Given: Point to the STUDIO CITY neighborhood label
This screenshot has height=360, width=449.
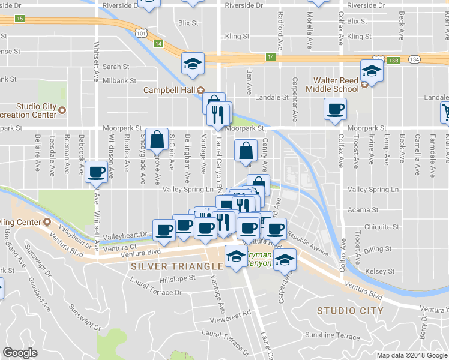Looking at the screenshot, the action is [350, 310].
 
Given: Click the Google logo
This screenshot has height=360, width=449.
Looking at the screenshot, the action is [20, 353].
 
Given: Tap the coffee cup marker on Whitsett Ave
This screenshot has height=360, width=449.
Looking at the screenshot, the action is [95, 172].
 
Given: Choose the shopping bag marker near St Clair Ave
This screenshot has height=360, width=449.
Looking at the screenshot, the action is [156, 139].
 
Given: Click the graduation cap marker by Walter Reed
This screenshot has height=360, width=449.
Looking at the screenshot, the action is [372, 71].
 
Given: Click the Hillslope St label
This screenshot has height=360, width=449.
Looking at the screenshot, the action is [178, 278].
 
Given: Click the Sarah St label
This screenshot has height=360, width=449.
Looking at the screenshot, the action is [116, 67].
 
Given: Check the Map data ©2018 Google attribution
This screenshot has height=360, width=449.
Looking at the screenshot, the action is [412, 355].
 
